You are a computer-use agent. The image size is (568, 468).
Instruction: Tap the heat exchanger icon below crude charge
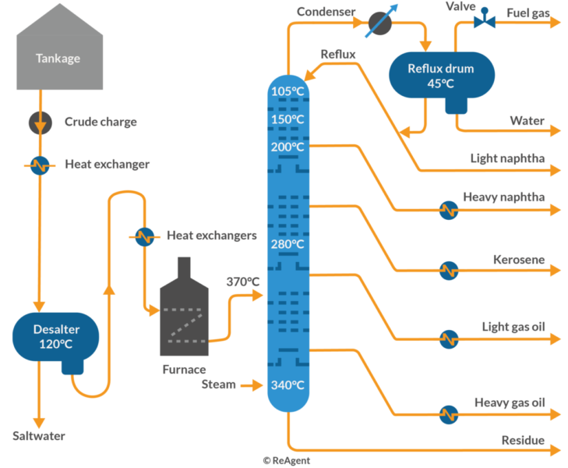point(39,165)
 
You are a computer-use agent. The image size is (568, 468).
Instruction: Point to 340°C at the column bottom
point(288,385)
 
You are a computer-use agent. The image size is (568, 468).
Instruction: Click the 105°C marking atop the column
point(288,91)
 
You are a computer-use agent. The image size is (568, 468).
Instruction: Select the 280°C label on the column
point(288,244)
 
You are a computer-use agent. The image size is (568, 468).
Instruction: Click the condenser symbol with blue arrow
point(380,22)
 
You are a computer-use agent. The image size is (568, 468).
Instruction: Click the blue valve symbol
point(485,19)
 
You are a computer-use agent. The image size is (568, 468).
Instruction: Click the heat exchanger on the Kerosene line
point(447,270)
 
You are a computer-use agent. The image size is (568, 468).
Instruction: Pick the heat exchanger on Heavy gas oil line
point(447,414)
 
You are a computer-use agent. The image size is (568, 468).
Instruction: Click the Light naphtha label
point(507,158)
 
